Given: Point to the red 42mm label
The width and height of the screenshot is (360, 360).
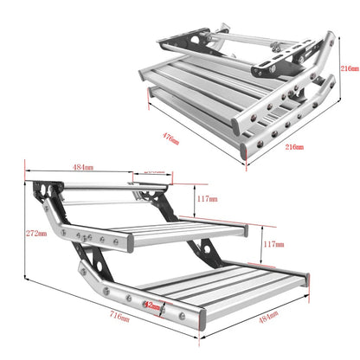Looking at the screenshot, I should (153, 305).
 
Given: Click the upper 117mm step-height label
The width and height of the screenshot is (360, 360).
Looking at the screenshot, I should (206, 198).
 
